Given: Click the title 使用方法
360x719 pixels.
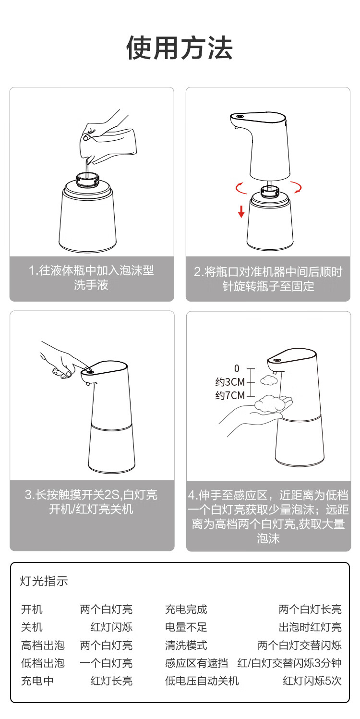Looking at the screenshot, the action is pyautogui.click(x=180, y=48).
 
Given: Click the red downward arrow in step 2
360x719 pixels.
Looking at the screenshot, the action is pyautogui.click(x=241, y=211).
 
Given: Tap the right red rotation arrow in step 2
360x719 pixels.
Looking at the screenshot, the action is pyautogui.click(x=297, y=187).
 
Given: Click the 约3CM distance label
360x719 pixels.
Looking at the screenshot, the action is pyautogui.click(x=230, y=382).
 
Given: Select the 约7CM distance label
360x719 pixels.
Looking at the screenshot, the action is pyautogui.click(x=230, y=395).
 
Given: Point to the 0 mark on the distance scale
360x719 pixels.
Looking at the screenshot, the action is pyautogui.click(x=237, y=368).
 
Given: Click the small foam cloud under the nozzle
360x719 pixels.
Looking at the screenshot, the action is pyautogui.click(x=269, y=380).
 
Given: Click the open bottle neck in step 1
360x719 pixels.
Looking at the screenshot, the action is pyautogui.click(x=87, y=179).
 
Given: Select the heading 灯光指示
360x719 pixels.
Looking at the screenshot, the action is pyautogui.click(x=44, y=581).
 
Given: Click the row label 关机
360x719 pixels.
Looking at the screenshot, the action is pyautogui.click(x=32, y=627).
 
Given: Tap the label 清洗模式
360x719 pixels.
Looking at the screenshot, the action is pyautogui.click(x=186, y=645).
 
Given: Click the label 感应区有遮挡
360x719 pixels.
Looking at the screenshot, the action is pyautogui.click(x=196, y=663).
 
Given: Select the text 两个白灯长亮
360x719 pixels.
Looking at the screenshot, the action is pyautogui.click(x=310, y=609).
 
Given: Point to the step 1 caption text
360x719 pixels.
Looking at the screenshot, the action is pyautogui.click(x=92, y=278).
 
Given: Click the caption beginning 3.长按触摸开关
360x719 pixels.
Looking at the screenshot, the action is pyautogui.click(x=91, y=502).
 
